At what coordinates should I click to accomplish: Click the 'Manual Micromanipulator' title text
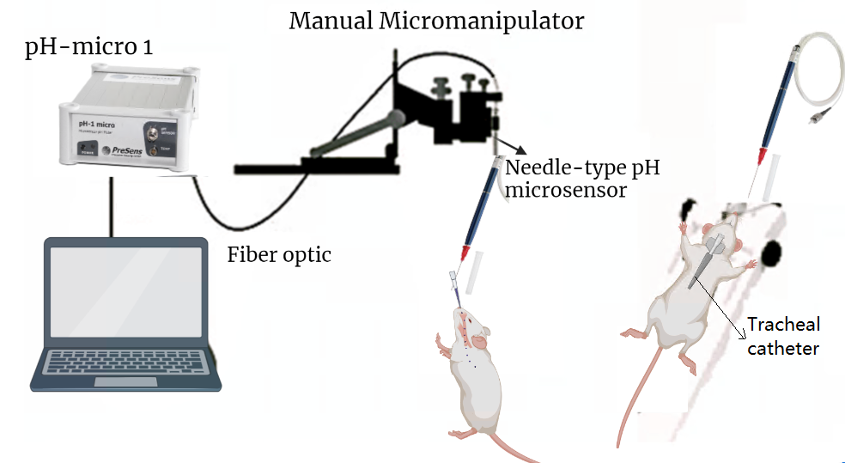pyautogui.click(x=436, y=20)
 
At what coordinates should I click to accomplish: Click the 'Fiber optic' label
pyautogui.click(x=279, y=254)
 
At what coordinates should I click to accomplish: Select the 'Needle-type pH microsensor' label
pyautogui.click(x=582, y=178)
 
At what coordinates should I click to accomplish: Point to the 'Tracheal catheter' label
pyautogui.click(x=783, y=336)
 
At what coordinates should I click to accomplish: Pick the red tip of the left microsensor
pyautogui.click(x=465, y=253)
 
